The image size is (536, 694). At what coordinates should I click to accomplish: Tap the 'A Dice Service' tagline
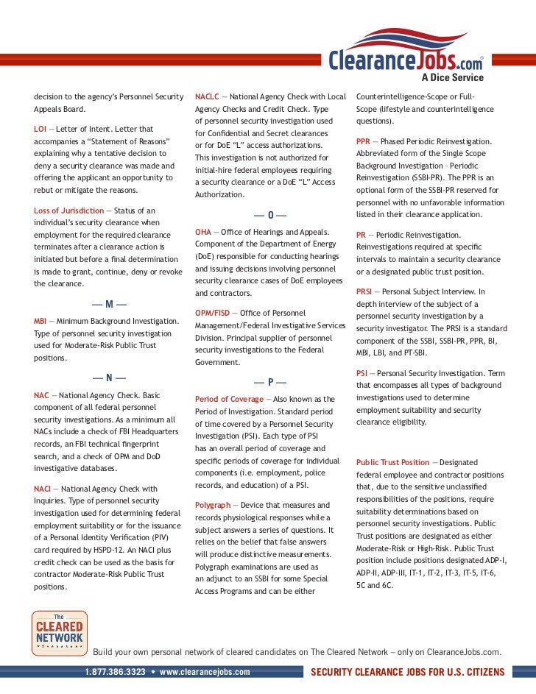tap(452, 77)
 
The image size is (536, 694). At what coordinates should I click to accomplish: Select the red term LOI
tap(40, 129)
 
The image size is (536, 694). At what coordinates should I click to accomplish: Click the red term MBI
tap(40, 322)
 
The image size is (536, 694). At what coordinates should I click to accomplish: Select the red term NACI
tap(42, 489)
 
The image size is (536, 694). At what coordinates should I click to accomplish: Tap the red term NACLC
tap(206, 96)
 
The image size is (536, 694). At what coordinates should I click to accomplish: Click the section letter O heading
tap(270, 215)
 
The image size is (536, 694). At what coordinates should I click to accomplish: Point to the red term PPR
tap(364, 141)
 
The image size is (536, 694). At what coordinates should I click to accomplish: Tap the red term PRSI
tap(365, 292)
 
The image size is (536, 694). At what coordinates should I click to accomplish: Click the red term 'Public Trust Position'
tap(392, 462)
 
